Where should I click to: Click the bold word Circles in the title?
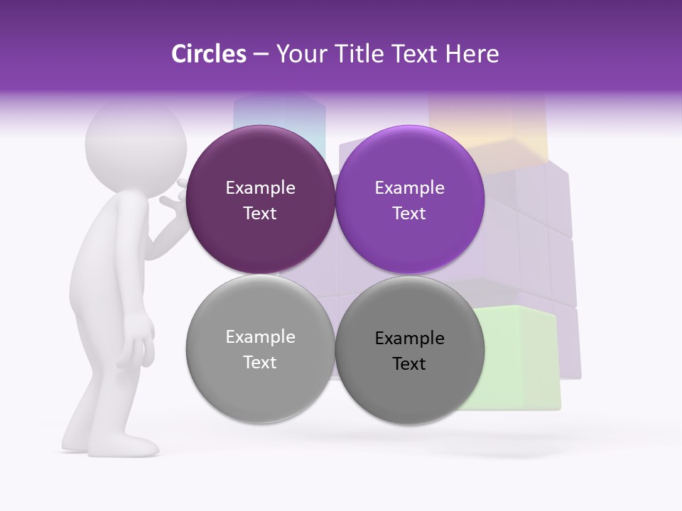208,54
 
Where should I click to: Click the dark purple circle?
260,199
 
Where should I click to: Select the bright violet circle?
409,199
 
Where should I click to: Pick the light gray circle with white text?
260,348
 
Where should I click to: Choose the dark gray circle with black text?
409,350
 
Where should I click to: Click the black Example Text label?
409,351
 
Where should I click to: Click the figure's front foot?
128,446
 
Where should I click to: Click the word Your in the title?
299,54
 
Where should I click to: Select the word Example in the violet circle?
409,188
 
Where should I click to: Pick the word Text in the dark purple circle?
260,213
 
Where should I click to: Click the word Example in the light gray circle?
260,337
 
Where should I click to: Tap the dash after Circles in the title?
261,55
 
